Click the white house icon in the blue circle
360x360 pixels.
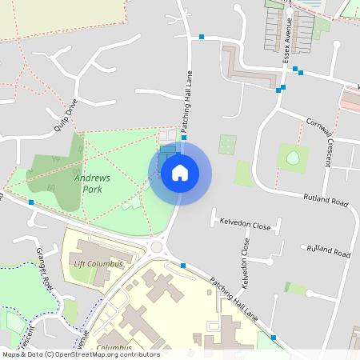180,173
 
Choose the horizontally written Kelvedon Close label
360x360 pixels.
246,226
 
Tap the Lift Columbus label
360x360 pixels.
98,264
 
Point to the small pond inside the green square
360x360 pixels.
293,157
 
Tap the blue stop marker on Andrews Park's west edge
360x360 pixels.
31,202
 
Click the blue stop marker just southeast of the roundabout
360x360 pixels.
183,265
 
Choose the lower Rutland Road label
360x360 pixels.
328,251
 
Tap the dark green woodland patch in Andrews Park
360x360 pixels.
54,172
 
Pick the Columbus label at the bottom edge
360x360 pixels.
114,348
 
